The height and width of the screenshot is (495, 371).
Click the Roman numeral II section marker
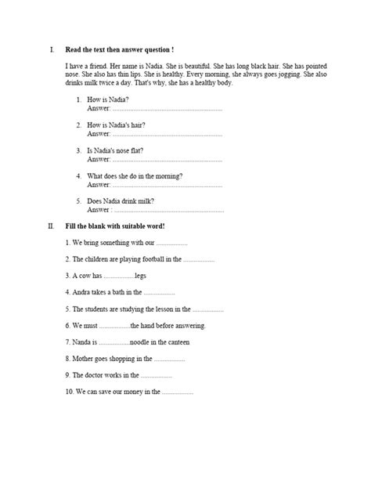coord(51,226)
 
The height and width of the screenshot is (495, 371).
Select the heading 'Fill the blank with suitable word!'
coord(115,226)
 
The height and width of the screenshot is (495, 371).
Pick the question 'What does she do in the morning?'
coord(135,176)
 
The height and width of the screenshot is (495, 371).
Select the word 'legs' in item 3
coord(140,276)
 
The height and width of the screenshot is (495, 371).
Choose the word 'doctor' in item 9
coord(95,375)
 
